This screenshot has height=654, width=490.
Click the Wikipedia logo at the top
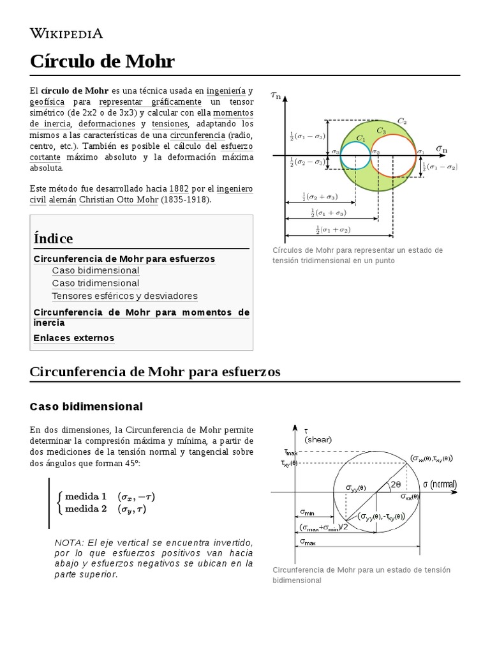tap(66, 33)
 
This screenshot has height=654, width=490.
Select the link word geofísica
tap(47, 102)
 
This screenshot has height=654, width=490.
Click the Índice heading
tap(53, 238)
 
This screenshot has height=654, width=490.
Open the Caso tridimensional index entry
tap(95, 283)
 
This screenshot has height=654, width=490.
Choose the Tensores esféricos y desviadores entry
tap(124, 296)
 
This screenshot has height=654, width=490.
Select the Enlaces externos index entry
tap(73, 338)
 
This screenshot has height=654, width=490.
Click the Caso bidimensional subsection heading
tap(86, 406)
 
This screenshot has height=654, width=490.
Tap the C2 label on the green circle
tap(402, 120)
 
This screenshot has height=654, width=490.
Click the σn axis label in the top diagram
tap(442, 148)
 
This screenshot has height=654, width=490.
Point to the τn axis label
tap(277, 96)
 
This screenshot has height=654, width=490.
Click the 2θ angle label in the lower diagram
tap(396, 484)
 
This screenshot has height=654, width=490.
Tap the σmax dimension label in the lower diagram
tap(308, 542)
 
